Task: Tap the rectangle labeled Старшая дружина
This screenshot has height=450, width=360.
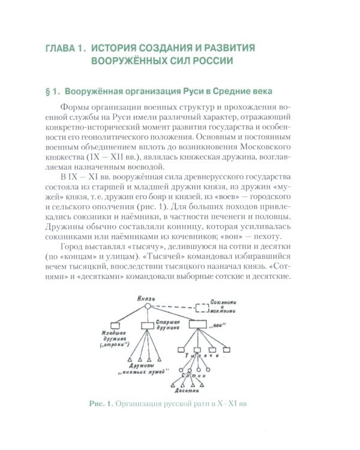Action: click(149, 326)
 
